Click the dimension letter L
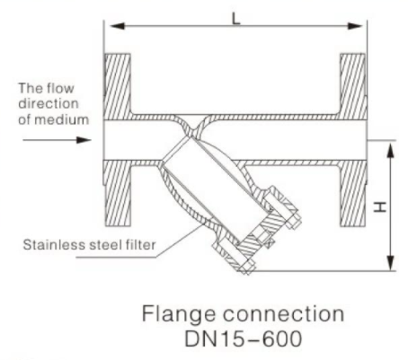coord(236,19)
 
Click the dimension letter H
coord(380,206)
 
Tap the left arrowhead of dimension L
coord(118,26)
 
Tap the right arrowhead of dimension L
coord(355,26)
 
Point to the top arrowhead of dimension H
coord(390,151)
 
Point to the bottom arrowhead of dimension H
coord(390,263)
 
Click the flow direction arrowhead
coord(84,140)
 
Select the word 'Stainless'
coord(55,245)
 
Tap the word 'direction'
coord(49,103)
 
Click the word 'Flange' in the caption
coord(179,315)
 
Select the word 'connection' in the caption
coord(283,314)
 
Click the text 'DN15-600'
coord(243,338)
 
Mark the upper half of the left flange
coord(118,87)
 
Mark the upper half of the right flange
coord(353,87)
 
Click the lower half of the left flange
coord(118,193)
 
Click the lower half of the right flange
coord(353,193)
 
